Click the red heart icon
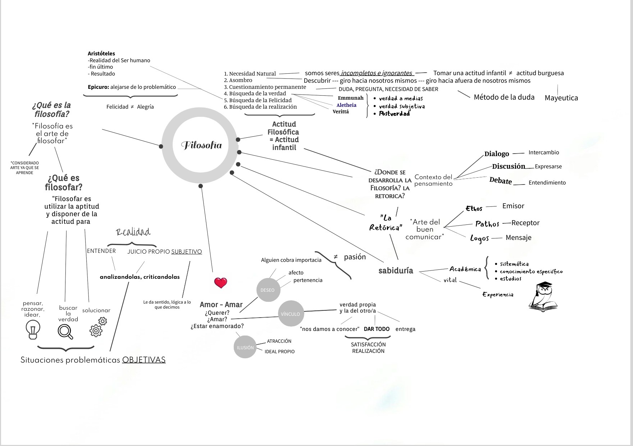pyautogui.click(x=220, y=283)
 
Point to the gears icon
pyautogui.click(x=98, y=327)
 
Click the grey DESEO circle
pyautogui.click(x=267, y=290)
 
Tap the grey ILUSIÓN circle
pyautogui.click(x=245, y=347)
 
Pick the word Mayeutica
pyautogui.click(x=561, y=98)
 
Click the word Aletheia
pyautogui.click(x=346, y=105)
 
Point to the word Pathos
pyautogui.click(x=487, y=224)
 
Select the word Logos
pyautogui.click(x=479, y=238)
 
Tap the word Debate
pyautogui.click(x=500, y=181)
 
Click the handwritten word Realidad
pyautogui.click(x=133, y=232)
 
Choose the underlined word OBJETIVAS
pyautogui.click(x=144, y=360)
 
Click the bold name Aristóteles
pyautogui.click(x=101, y=54)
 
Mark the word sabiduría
pyautogui.click(x=396, y=270)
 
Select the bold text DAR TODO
pyautogui.click(x=377, y=329)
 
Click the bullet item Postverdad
pyautogui.click(x=394, y=114)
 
